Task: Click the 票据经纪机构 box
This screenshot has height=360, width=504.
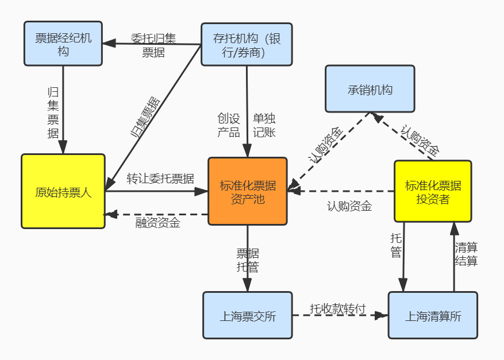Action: coord(63,44)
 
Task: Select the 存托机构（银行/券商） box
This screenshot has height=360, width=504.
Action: coord(246,44)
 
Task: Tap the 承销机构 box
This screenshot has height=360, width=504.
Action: coord(370,89)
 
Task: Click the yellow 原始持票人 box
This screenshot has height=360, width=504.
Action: coord(63,191)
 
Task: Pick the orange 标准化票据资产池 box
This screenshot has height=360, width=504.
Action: coord(247,191)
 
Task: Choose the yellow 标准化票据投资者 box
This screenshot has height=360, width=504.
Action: coord(432,191)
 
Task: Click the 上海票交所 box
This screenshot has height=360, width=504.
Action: coord(247,315)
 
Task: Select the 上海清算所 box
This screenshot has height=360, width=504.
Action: coord(432,315)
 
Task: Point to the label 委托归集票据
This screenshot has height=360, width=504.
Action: coord(153,45)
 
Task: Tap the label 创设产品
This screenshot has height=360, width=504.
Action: coord(228,125)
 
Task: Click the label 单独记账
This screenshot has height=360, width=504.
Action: coord(264,125)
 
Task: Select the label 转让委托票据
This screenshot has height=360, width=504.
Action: coord(160,178)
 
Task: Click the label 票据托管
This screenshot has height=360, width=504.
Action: coord(248,260)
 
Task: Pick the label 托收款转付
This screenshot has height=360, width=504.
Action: coord(337,308)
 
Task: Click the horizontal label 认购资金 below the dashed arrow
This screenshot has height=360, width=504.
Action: coord(349,206)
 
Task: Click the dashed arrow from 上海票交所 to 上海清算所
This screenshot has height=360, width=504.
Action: coord(339,316)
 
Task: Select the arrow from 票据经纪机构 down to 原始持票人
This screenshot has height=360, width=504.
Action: coord(63,109)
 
